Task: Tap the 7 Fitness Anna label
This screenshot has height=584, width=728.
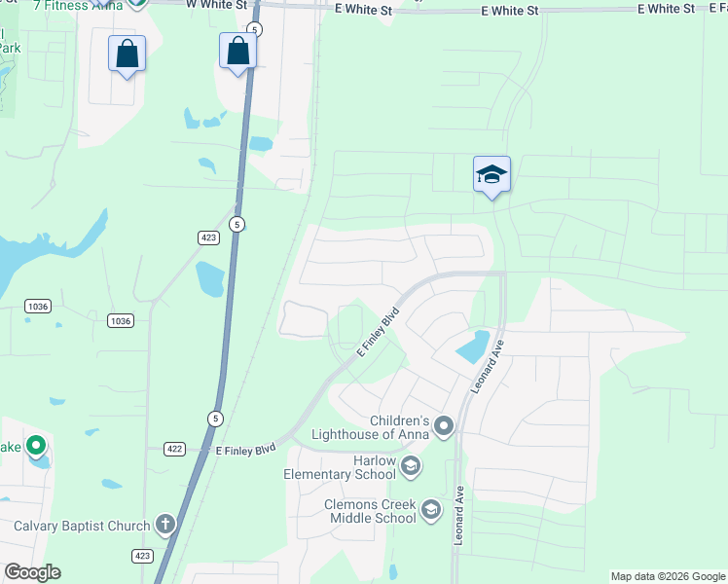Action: click(68, 6)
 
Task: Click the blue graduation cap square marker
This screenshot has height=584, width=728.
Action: click(491, 174)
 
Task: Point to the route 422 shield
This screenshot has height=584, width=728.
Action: click(175, 449)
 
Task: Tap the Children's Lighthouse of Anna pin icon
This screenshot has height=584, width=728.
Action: click(444, 425)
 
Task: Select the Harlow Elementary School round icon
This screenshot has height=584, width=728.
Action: click(410, 465)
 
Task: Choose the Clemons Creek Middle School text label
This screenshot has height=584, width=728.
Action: click(370, 512)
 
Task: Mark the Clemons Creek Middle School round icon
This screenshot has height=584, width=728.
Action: click(430, 508)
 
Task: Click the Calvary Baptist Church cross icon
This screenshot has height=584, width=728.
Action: click(165, 526)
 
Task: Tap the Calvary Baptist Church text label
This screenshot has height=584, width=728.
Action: click(82, 527)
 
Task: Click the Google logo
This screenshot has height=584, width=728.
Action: click(32, 572)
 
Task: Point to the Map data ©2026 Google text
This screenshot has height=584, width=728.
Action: click(668, 576)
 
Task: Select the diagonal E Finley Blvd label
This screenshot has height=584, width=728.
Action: click(378, 333)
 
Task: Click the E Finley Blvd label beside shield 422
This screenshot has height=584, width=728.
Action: click(245, 450)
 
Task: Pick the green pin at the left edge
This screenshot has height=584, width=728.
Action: click(36, 447)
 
